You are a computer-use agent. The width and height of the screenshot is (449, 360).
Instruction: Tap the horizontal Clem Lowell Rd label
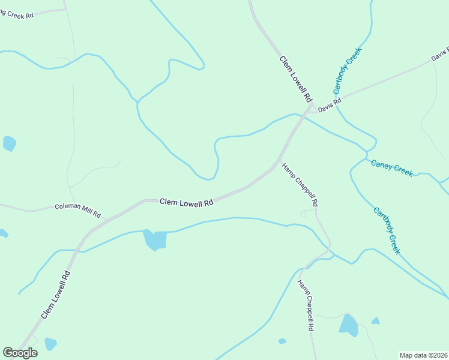pos(187,203)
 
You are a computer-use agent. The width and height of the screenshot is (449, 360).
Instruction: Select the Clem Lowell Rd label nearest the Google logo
pos(56,295)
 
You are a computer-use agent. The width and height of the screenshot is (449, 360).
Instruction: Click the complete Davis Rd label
pos(330,105)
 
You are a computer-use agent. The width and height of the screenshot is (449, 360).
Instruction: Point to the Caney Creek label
pos(392,167)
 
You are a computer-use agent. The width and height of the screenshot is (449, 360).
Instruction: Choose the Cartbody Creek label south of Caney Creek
pos(386,231)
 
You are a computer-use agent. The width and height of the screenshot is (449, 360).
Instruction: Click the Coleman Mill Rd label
pos(78,210)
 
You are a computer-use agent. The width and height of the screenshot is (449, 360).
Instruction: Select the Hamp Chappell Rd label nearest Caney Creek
pos(300,185)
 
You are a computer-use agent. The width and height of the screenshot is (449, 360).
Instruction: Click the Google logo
pos(20,353)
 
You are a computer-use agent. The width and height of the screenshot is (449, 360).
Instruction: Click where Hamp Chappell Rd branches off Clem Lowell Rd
pos(279,162)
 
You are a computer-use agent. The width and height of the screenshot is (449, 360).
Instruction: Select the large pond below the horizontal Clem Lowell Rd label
pos(155,239)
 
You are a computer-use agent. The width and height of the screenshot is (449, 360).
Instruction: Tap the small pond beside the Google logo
pos(50,344)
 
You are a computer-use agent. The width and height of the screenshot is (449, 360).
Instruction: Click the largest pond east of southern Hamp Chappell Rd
pos(348,325)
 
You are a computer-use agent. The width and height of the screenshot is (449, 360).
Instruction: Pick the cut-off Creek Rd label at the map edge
pos(16,14)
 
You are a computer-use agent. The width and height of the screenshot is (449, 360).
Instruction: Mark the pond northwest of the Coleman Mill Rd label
pos(9,143)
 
